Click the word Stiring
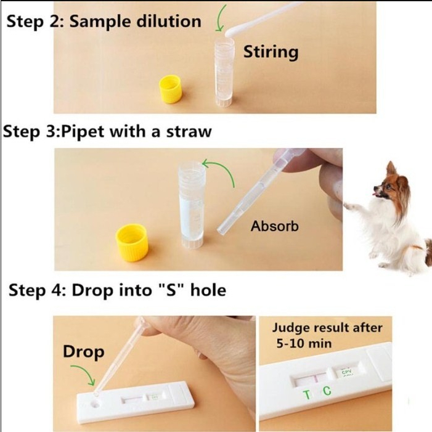pyautogui.click(x=271, y=51)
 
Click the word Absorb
pyautogui.click(x=274, y=226)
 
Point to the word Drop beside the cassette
pyautogui.click(x=83, y=352)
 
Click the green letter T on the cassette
pyautogui.click(x=306, y=393)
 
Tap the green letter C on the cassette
pyautogui.click(x=327, y=391)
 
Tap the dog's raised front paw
pyautogui.click(x=349, y=205)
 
